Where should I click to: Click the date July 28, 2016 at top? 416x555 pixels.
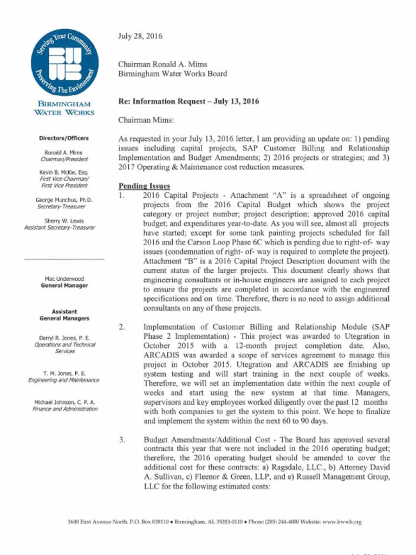coord(140,36)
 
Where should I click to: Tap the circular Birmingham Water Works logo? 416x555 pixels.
coord(64,62)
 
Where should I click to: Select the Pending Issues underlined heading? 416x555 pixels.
coord(144,186)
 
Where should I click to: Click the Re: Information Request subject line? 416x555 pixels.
coord(188,101)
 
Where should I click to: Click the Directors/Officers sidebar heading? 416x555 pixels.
coord(64,138)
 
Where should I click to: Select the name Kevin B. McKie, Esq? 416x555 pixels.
coord(64,172)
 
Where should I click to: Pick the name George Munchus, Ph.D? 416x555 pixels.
coord(64,200)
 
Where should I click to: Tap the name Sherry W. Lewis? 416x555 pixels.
coord(64,221)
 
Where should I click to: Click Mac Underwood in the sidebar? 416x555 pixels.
coord(64,279)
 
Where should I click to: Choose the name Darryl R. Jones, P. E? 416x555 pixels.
coord(64,338)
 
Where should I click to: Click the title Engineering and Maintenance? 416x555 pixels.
coord(64,380)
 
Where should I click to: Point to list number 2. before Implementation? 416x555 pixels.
coord(122,327)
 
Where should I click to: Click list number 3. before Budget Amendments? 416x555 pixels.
coord(122,440)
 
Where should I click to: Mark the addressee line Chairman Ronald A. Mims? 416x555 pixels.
coord(163,64)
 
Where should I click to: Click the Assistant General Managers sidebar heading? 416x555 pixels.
coord(64,315)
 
